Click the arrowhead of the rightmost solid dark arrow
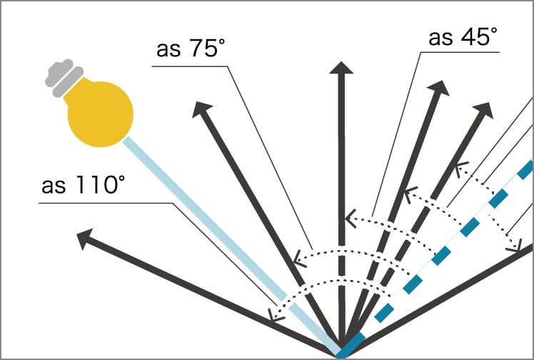pos(485,111)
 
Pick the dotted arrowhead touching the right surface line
pos(515,246)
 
